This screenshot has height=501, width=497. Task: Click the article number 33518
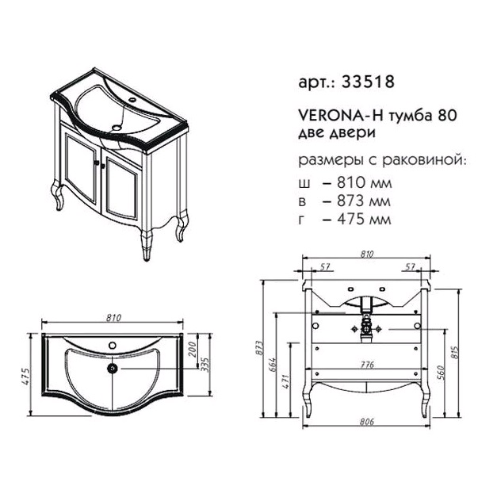368,82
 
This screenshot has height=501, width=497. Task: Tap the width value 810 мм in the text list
364,183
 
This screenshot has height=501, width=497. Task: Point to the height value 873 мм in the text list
364,201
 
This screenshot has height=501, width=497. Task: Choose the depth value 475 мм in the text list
364,219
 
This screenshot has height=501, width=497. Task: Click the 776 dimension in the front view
366,365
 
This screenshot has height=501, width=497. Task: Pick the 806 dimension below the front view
366,422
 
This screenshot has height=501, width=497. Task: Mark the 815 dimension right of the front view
455,352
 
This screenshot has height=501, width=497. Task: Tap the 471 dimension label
286,381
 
